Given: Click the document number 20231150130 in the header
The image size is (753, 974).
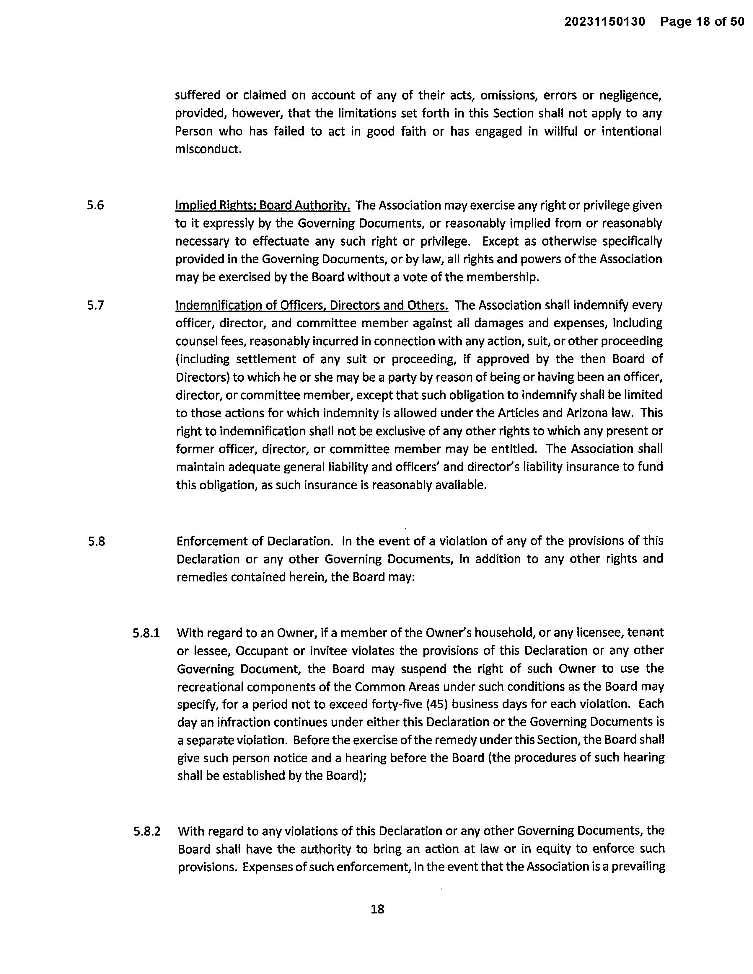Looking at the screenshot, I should tap(604, 22).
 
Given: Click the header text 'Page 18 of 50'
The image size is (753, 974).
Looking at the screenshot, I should tap(702, 22).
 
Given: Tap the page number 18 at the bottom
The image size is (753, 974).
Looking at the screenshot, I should tap(377, 909).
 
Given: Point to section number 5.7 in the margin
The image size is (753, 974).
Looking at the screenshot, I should tap(95, 305).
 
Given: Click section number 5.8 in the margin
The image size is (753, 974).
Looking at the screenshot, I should tap(96, 541).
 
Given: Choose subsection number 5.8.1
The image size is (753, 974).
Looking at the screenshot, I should tap(146, 633).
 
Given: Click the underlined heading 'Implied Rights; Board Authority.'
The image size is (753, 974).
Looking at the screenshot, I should tap(262, 206).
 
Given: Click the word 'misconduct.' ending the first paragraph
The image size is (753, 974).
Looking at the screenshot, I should tap(208, 149).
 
